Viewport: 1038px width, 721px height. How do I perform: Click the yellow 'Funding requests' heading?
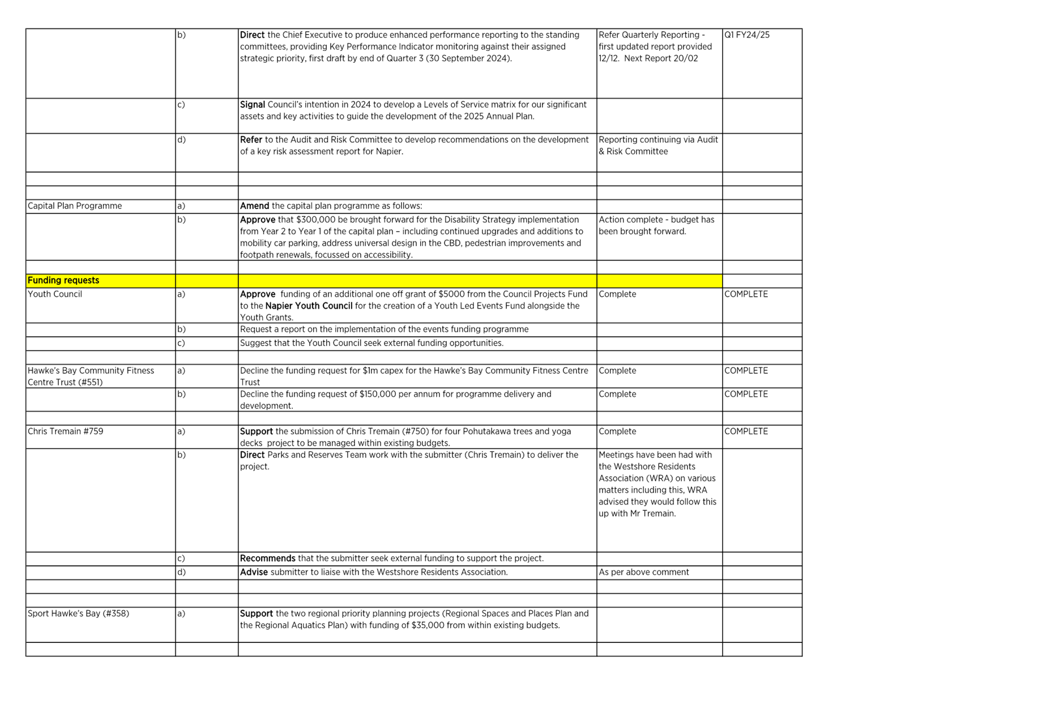(x=63, y=280)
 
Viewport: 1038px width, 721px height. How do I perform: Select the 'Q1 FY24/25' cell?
(x=747, y=35)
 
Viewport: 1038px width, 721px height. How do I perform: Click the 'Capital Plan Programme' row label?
(x=75, y=206)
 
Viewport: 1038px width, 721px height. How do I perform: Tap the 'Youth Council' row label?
(x=55, y=295)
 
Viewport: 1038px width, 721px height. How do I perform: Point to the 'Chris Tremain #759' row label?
(x=66, y=432)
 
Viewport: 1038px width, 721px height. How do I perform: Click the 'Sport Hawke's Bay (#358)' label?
(x=78, y=613)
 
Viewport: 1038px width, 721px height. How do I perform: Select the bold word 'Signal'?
(x=253, y=105)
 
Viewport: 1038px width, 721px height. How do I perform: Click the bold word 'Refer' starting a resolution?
(x=251, y=140)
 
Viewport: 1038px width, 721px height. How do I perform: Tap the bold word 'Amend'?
(x=254, y=206)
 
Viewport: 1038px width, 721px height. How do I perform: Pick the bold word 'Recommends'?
(x=268, y=558)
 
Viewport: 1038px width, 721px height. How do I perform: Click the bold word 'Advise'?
(x=254, y=572)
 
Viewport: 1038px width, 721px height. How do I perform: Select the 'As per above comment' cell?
(x=644, y=572)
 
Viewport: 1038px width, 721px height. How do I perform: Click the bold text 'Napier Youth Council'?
(x=309, y=306)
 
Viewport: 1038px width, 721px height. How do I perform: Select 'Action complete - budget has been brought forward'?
(x=656, y=225)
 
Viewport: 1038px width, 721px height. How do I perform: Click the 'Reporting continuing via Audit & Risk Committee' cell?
(x=658, y=146)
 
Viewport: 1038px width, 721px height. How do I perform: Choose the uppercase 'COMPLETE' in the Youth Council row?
(x=746, y=295)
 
